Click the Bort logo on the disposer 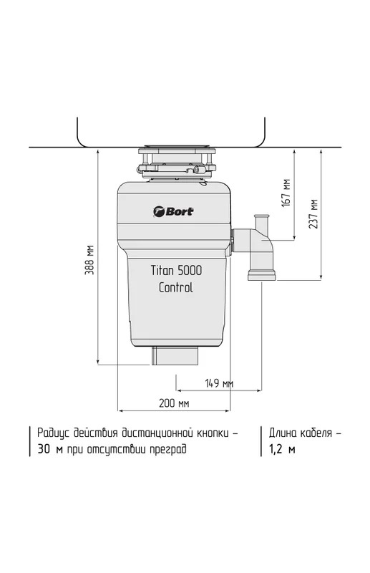(x=173, y=211)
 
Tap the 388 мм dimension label (x=90, y=260)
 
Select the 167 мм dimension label (x=286, y=193)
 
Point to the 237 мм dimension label (x=313, y=214)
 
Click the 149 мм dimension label (x=219, y=383)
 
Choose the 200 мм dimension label (x=174, y=403)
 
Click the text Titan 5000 (x=176, y=271)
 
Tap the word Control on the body (x=175, y=287)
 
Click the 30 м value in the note (x=50, y=449)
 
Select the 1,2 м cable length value (x=282, y=449)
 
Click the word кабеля (x=316, y=433)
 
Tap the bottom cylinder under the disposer (x=175, y=355)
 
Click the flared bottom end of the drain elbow (x=261, y=275)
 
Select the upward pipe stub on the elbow (x=261, y=222)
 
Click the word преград (x=168, y=449)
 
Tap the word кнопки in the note (x=213, y=433)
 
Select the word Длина (x=283, y=433)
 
